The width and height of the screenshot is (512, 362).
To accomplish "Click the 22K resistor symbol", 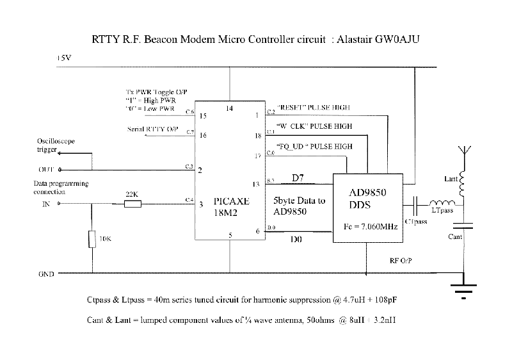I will (132, 204).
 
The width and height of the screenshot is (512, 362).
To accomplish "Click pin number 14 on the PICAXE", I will (230, 109).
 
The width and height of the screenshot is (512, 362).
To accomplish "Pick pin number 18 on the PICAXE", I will (258, 136).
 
